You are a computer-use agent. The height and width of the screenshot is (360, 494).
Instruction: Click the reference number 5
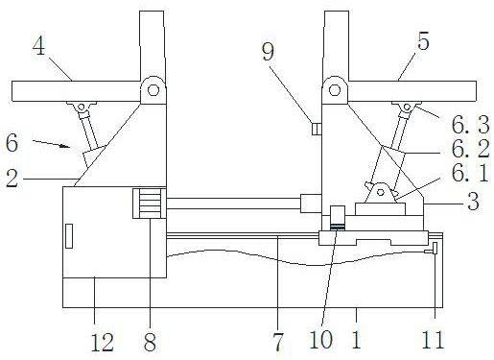(x=423, y=40)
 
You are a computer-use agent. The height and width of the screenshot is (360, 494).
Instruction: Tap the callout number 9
(x=268, y=51)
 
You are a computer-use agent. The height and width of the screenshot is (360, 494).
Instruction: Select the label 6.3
(x=470, y=125)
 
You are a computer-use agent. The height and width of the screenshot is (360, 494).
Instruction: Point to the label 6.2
(x=470, y=149)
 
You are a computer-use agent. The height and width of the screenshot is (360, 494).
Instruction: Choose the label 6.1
(x=470, y=173)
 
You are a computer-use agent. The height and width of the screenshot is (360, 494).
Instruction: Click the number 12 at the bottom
(x=103, y=343)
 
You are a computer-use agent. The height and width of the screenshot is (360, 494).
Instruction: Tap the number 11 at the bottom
(x=433, y=340)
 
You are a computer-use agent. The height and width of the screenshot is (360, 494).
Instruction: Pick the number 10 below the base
(x=321, y=340)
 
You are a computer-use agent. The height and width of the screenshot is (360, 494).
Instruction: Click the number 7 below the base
(x=278, y=343)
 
